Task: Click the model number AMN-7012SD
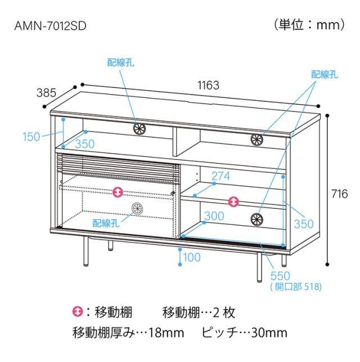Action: click(50, 26)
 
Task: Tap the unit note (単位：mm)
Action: click(309, 24)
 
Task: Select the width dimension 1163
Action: click(208, 85)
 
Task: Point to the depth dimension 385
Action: click(46, 93)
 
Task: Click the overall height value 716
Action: click(340, 194)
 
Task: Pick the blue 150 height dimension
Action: click(31, 136)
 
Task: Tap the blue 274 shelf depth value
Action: click(220, 176)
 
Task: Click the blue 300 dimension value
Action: click(214, 216)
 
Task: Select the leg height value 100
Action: click(192, 257)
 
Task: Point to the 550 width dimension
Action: click(280, 276)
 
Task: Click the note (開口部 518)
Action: click(296, 287)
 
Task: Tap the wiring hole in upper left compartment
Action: click(139, 128)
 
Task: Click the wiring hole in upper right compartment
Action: click(256, 140)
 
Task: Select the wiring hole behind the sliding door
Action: click(137, 208)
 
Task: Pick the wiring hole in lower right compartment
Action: click(256, 219)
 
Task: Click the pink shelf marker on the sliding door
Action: click(118, 192)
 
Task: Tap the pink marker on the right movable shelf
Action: click(233, 202)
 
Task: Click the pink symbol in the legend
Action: click(78, 312)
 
